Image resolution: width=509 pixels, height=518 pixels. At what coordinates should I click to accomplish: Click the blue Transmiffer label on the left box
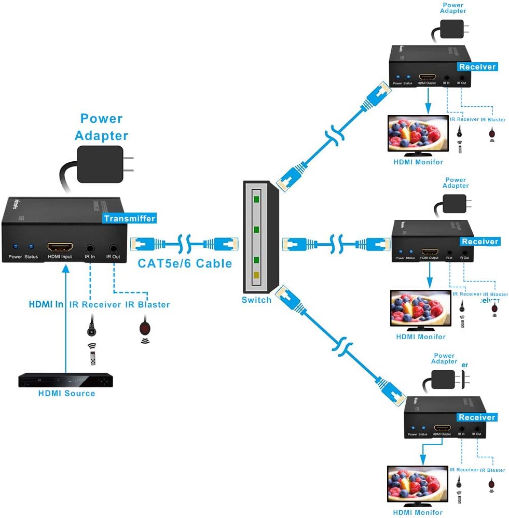tap(129, 218)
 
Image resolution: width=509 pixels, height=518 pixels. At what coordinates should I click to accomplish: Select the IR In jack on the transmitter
tap(91, 248)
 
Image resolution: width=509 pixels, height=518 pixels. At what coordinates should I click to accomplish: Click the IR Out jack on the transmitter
tap(113, 248)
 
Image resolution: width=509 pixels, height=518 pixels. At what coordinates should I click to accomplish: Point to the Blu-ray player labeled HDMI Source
tap(66, 381)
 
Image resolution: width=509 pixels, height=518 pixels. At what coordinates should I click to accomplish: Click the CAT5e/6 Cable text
tap(185, 263)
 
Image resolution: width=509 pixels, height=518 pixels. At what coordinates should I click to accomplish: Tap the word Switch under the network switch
tap(256, 300)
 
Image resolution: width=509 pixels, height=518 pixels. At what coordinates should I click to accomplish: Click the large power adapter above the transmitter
tap(100, 164)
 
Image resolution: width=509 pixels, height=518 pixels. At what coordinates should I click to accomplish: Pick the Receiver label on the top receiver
tap(477, 67)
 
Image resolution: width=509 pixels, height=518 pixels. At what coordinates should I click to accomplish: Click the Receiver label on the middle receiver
tap(479, 242)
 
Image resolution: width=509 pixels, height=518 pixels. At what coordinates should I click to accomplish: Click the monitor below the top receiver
tap(418, 134)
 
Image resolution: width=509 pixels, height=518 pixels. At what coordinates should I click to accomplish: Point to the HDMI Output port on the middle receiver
tap(429, 251)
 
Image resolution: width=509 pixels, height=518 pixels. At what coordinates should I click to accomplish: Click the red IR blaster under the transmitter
tap(145, 328)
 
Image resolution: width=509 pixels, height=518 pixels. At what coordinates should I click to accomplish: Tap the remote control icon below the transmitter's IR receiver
tap(92, 358)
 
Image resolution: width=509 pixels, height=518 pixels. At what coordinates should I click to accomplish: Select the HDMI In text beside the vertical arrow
tap(46, 304)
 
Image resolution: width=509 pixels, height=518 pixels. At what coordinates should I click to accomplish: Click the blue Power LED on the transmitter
tap(15, 247)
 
